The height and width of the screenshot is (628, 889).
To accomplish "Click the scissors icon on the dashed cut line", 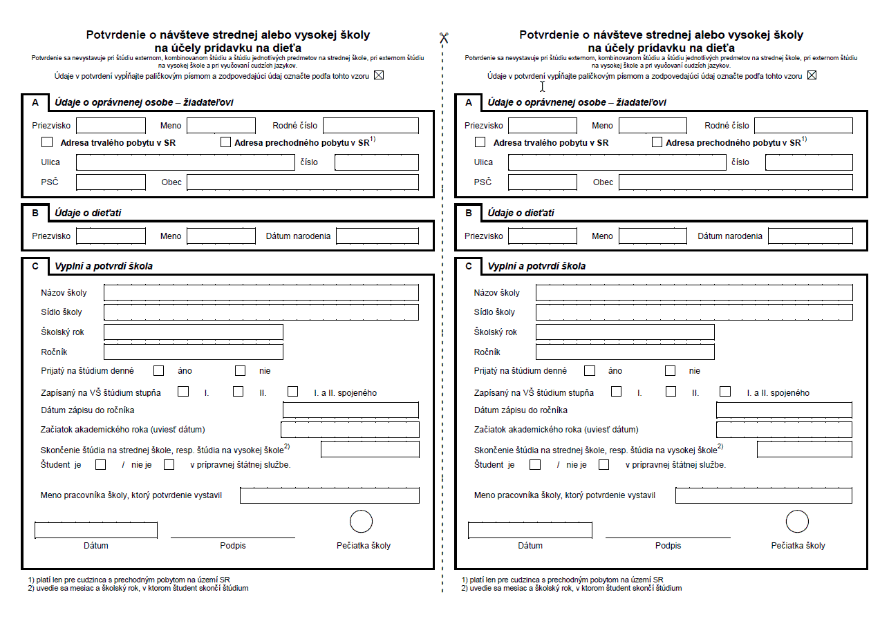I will pos(443,38).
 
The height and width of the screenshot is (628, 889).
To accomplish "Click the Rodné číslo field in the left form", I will pos(371,125).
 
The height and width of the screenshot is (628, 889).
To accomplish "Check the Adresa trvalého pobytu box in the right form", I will pos(480,142).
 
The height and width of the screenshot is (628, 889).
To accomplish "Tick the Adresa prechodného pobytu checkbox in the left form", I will pos(225,142).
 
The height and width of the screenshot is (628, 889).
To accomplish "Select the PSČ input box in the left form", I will pos(111,182).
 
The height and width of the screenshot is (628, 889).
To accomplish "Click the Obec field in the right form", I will pos(736,182).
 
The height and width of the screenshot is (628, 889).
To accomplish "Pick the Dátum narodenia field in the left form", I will pos(377,236).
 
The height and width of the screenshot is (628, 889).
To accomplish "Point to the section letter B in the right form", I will pos(469,213).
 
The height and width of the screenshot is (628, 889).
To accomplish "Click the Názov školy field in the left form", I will pos(261,292).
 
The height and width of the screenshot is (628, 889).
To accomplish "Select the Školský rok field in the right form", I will pos(625,332).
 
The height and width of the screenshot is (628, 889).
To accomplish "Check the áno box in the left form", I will pos(159,370).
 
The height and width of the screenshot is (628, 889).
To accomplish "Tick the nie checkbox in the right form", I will pos(671,370).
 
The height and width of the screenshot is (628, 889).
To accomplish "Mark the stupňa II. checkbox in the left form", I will pos(238,392).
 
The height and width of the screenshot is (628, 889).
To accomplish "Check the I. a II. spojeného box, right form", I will pos(725,392).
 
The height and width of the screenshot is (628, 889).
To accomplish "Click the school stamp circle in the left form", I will pos(362,522).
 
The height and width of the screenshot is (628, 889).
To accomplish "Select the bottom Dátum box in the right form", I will pos(530,530).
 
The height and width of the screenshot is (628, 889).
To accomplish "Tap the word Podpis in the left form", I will pos(233,546).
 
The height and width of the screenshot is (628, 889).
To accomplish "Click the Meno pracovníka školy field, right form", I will pos(763,495).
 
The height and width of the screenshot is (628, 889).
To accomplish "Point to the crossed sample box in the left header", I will pos(379,75).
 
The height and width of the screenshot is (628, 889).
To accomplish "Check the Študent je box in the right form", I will pos(535,464).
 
